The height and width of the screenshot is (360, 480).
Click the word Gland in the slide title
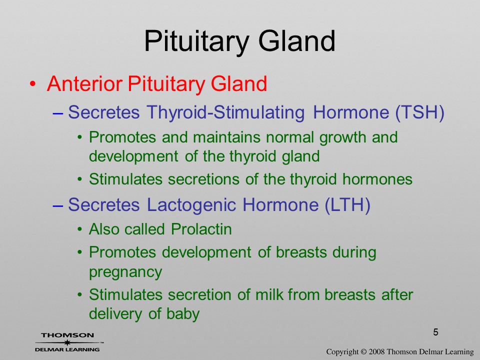coord(297,41)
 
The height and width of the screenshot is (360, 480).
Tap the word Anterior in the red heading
coord(85,83)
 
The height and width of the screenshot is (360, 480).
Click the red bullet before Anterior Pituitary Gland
coord(33,83)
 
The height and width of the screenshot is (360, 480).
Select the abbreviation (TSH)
coord(419,112)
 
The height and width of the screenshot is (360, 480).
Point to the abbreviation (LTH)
coord(347,204)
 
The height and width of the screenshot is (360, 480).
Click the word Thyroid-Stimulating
coord(226,112)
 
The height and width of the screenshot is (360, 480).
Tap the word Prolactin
coord(201,229)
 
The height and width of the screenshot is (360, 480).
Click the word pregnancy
coord(125,272)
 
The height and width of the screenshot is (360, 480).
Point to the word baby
coord(183,314)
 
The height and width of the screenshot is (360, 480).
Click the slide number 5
coord(435,332)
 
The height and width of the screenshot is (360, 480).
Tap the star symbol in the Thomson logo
coord(67,342)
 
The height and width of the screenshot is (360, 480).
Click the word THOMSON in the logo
coord(67,335)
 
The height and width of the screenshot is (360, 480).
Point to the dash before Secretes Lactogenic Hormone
coord(58,206)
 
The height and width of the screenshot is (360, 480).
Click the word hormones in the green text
coord(377,179)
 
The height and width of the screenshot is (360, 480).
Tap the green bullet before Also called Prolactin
coord(79,229)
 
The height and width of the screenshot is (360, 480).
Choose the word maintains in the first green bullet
coord(226,137)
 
